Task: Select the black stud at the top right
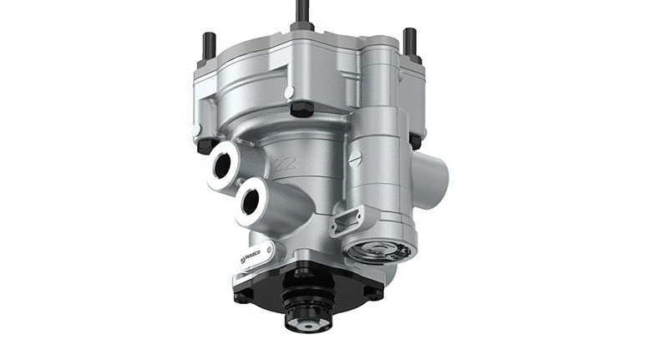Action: (410, 41)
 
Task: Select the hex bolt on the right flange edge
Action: (415, 142)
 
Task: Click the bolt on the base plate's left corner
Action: (241, 295)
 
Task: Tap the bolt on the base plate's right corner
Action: (372, 292)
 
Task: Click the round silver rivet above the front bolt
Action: (287, 91)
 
